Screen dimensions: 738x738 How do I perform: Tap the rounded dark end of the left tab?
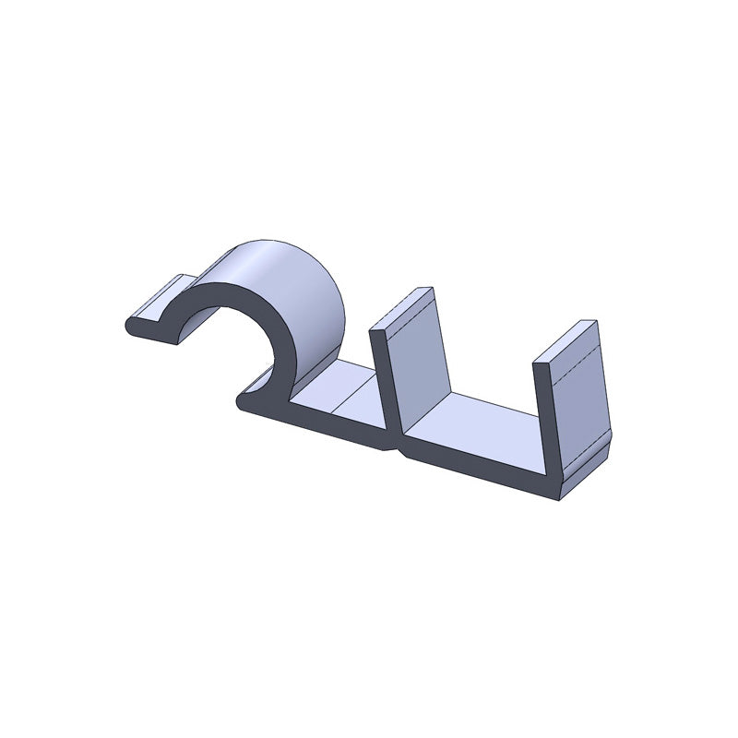point(129,325)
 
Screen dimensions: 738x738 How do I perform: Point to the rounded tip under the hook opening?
point(244,401)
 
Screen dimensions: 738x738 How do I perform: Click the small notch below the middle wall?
point(398,451)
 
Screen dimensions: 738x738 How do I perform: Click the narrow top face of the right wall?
point(566,340)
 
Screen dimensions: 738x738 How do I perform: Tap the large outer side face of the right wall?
point(581,397)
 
